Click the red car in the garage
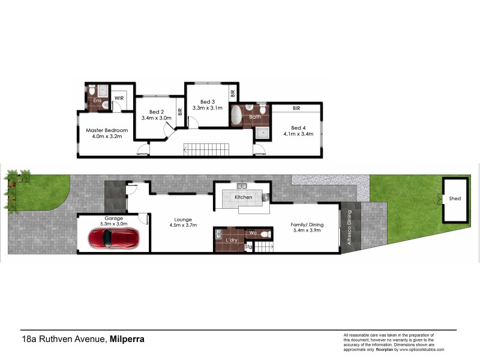coord(115,238)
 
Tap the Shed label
coord(455,199)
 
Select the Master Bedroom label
coord(107,130)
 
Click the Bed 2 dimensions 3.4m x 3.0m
coord(156,118)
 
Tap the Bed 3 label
coord(207,101)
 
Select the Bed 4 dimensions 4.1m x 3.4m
coord(298,134)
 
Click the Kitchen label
coord(243,197)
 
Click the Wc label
coord(253,232)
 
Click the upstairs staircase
coord(206,149)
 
